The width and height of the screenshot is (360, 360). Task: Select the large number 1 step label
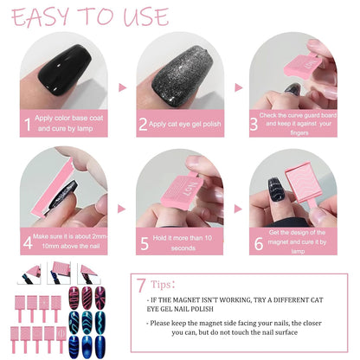(27, 125)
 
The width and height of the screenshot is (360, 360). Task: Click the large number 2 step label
(144, 125)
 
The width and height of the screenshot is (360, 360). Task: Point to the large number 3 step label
(254, 124)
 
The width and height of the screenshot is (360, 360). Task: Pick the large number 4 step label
(27, 241)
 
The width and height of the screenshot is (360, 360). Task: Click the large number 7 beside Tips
(141, 283)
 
